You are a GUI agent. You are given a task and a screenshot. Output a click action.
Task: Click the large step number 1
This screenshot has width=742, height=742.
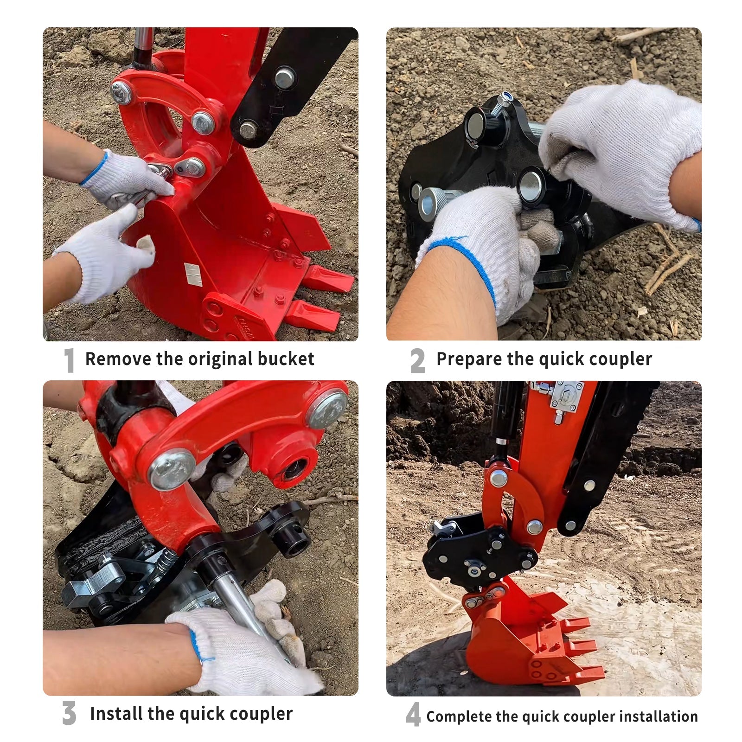(x=69, y=360)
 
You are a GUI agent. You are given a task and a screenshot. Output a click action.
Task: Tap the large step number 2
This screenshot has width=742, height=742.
(x=417, y=360)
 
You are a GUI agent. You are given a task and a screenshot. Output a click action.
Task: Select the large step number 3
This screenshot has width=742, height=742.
(x=69, y=713)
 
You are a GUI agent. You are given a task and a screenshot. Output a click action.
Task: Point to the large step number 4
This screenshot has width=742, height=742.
(x=413, y=715)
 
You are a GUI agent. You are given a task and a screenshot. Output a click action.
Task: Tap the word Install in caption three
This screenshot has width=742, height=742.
(x=116, y=713)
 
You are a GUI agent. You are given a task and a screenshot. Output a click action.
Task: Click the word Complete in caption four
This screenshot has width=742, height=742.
(x=459, y=716)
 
